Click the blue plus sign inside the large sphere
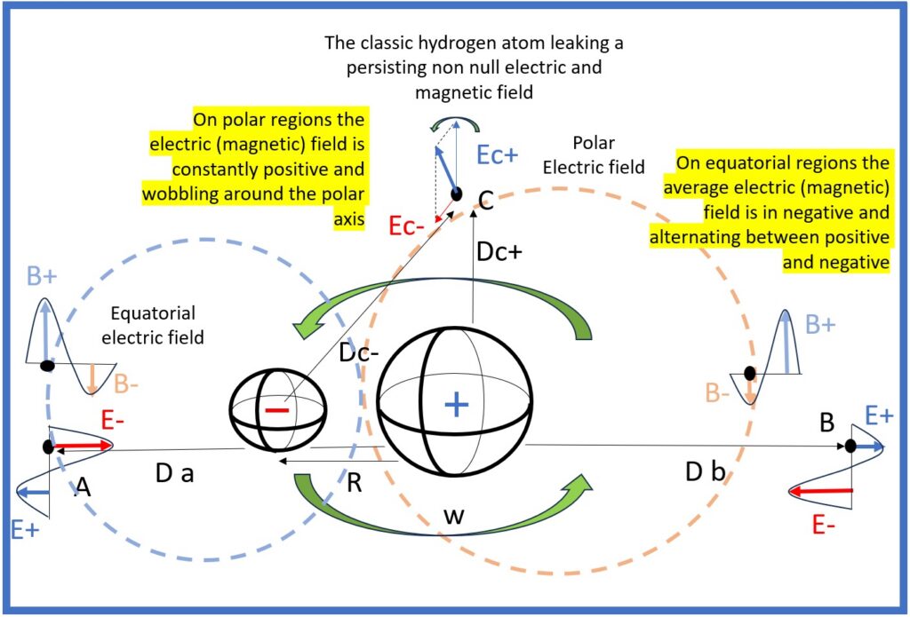[456, 406]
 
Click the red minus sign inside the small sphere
[276, 410]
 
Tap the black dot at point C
[457, 194]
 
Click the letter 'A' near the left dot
[84, 485]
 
